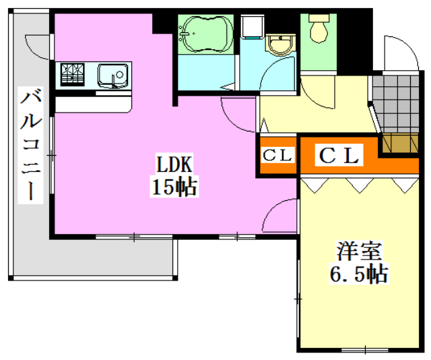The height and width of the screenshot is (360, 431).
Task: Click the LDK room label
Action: [x=175, y=164]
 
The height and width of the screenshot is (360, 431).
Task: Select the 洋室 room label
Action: [x=359, y=251]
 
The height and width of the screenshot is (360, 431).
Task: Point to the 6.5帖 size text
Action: [x=358, y=274]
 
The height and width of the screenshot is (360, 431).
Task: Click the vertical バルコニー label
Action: [x=30, y=144]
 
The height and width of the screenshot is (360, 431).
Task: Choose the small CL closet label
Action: [x=277, y=155]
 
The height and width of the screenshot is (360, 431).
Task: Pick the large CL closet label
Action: [x=340, y=156]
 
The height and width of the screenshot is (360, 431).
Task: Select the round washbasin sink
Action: [x=279, y=46]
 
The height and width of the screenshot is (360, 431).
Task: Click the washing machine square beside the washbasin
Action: [x=252, y=27]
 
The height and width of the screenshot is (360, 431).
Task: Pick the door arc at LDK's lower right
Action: [x=278, y=215]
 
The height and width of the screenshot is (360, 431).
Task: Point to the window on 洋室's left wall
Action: [x=298, y=297]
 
